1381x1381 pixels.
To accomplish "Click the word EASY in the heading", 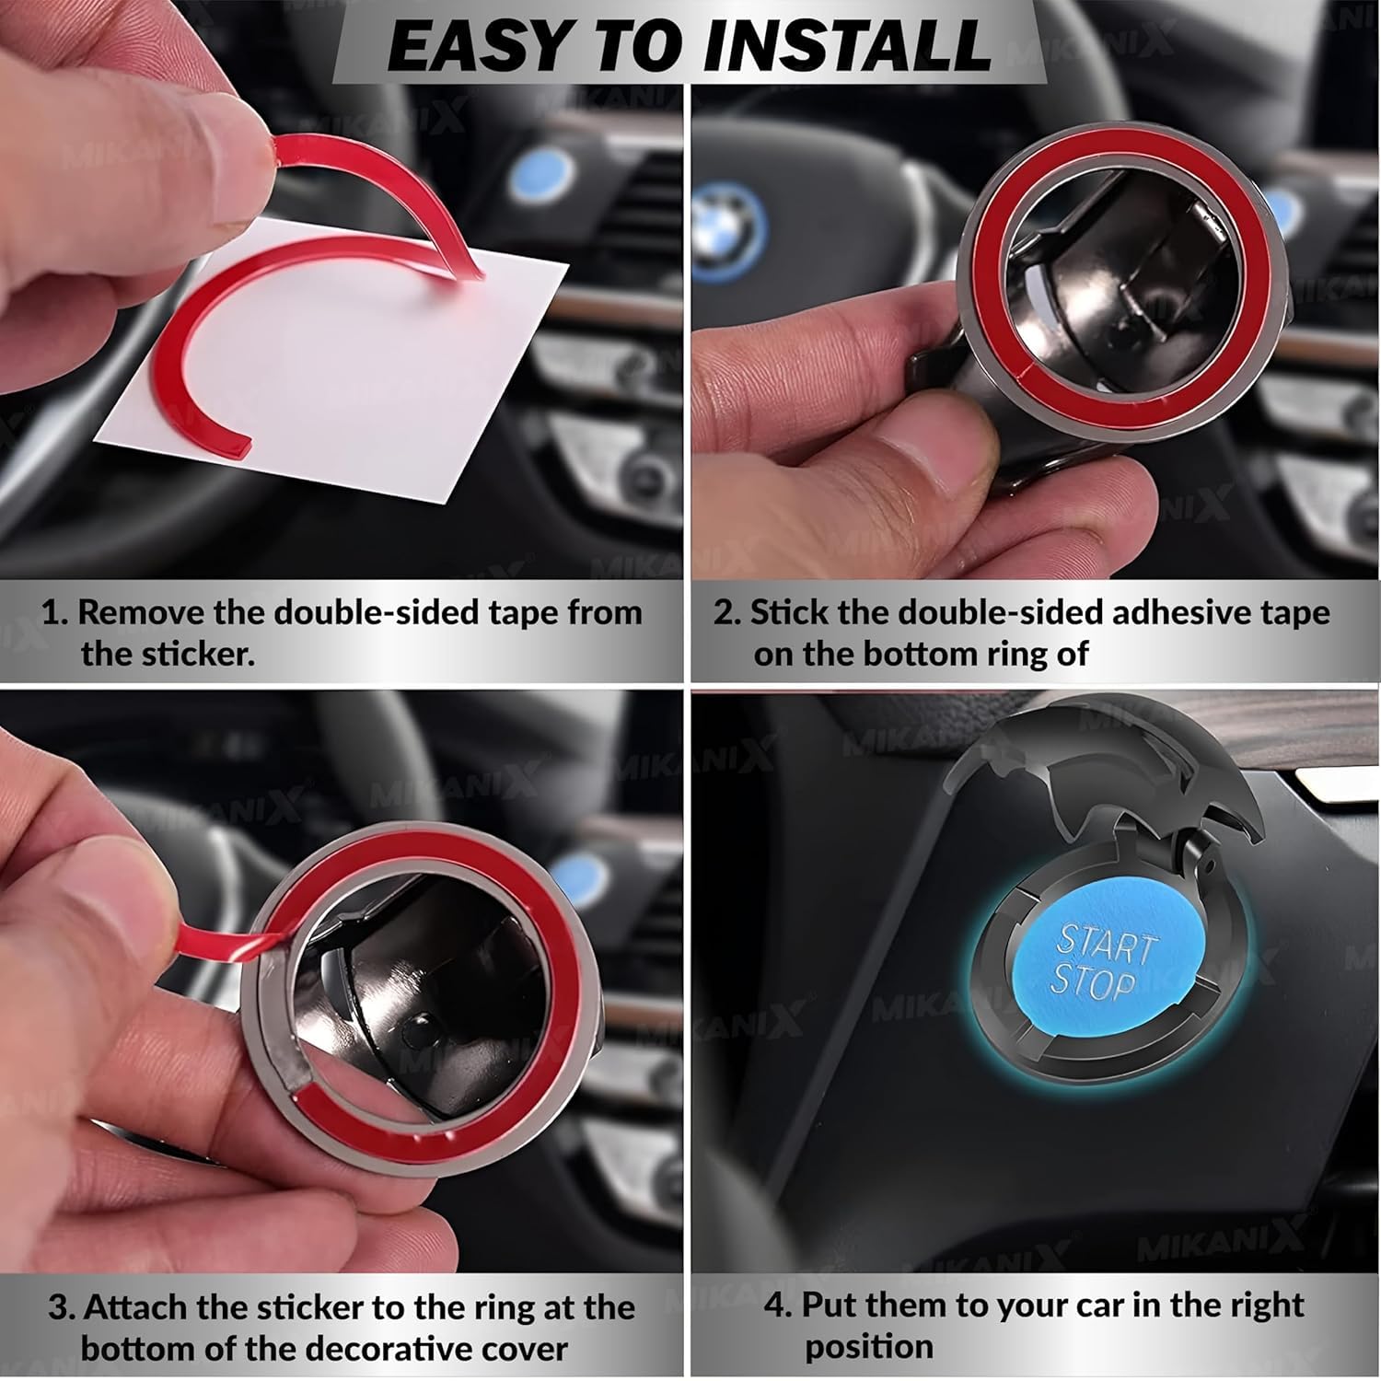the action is [473, 43].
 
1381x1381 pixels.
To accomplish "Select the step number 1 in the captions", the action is [53, 613].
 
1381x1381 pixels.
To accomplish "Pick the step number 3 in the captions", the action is [62, 1308].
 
